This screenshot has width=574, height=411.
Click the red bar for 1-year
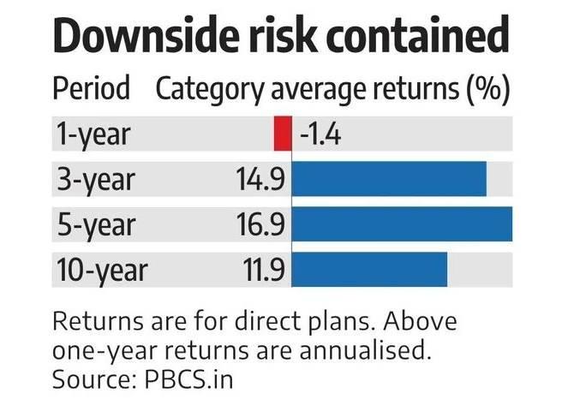(x=282, y=135)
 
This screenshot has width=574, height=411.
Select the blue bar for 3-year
(x=390, y=180)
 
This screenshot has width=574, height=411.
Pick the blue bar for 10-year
(x=370, y=270)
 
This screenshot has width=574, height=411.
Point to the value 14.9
(x=260, y=180)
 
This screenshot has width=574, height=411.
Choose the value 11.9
(x=261, y=270)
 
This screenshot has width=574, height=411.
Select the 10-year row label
(x=100, y=270)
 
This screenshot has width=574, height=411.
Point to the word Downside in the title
(x=146, y=39)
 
